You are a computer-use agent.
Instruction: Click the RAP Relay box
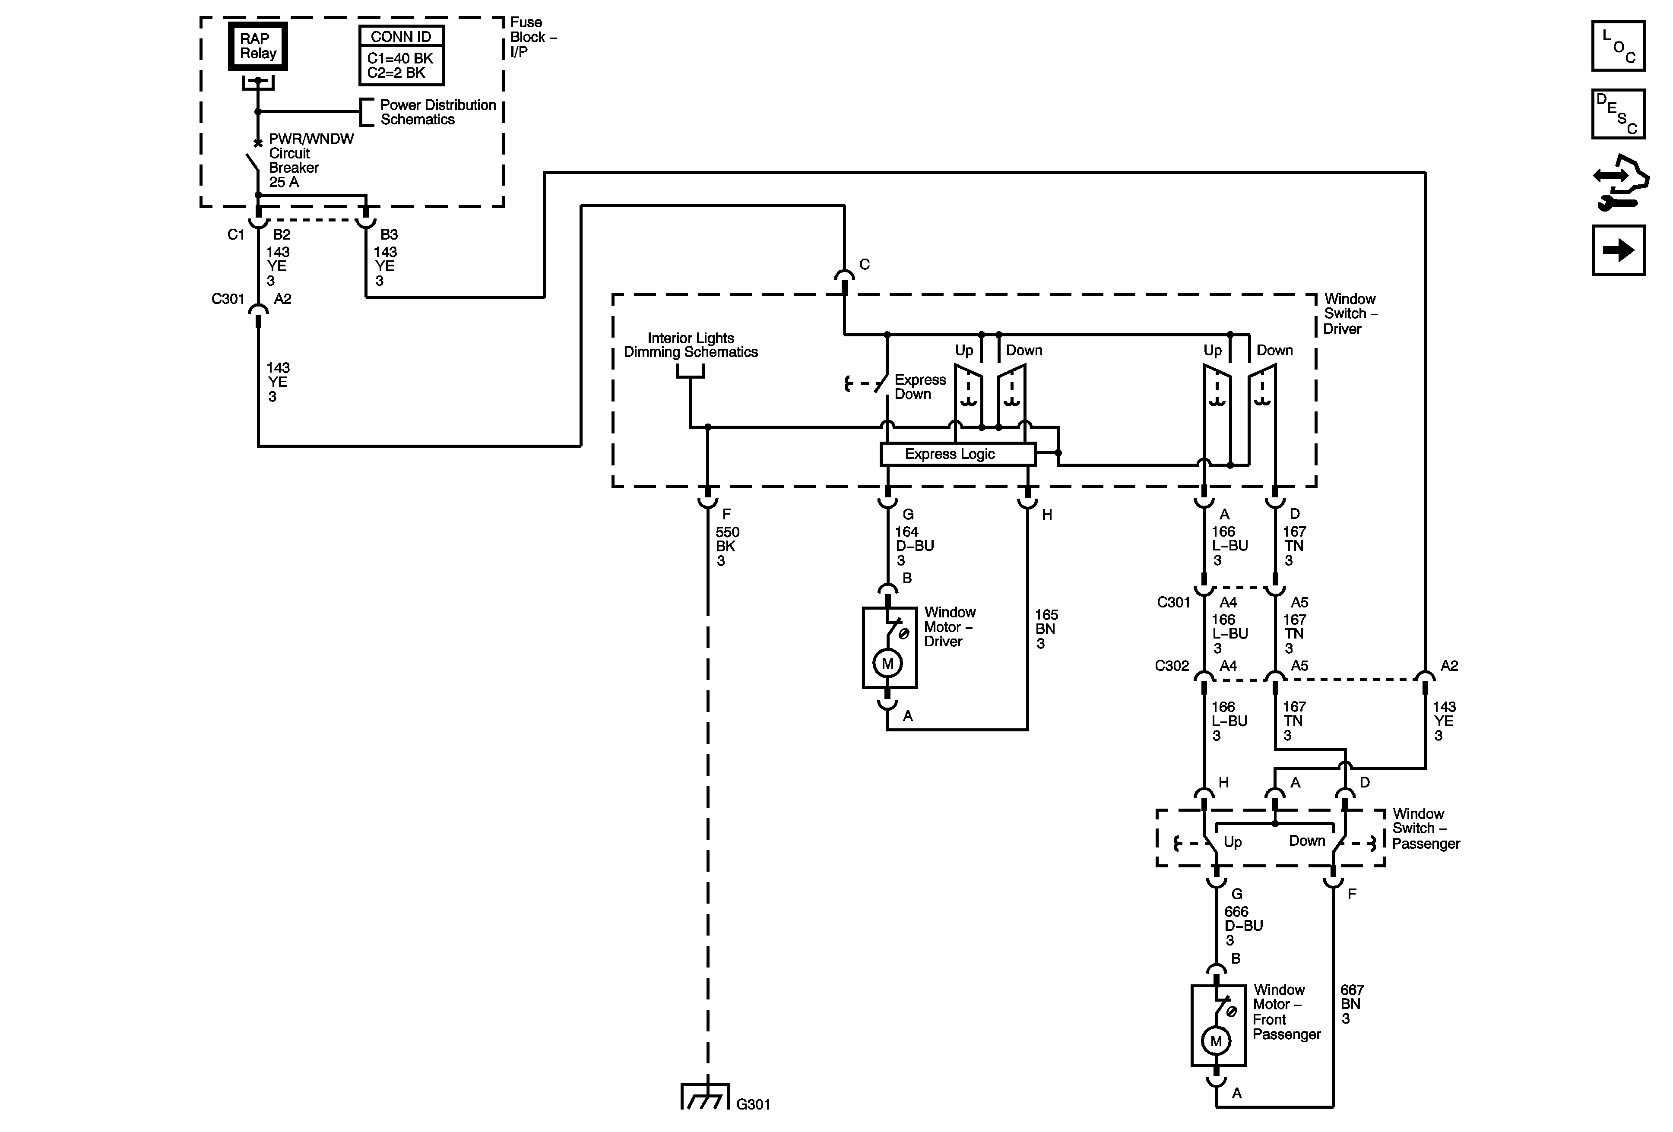click(258, 46)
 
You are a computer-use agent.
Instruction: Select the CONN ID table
click(401, 55)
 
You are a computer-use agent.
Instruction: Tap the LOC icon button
click(1618, 47)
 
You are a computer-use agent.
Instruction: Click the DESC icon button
click(1618, 114)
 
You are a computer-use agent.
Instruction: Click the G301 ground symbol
click(706, 1097)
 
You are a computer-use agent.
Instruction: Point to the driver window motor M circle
click(887, 664)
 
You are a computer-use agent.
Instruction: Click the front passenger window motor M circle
click(1216, 1040)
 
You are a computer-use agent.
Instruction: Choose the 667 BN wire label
click(1351, 1004)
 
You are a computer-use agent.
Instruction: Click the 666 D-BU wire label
click(1243, 926)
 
